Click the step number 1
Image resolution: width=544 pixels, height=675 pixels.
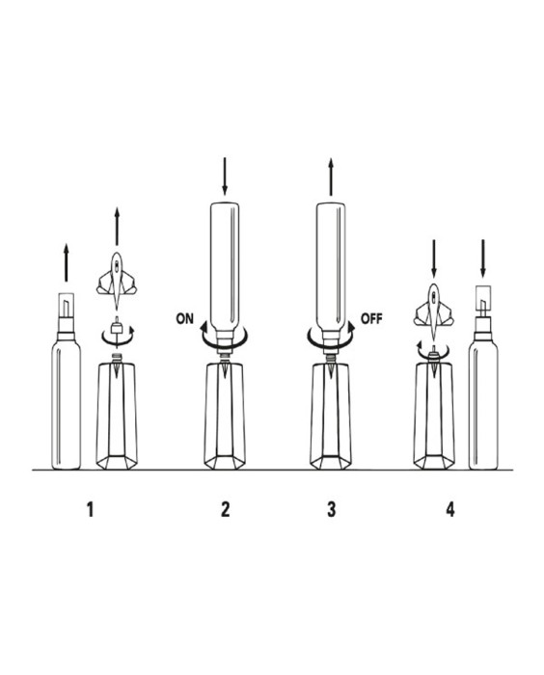(90, 509)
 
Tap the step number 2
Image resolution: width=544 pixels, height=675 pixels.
(226, 509)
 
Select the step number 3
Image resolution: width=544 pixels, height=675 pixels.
(331, 509)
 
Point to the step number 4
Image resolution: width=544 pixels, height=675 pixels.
(450, 509)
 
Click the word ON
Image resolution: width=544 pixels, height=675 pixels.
(185, 319)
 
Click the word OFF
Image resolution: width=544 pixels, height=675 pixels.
(371, 319)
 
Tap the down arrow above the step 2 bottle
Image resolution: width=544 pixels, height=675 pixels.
(225, 176)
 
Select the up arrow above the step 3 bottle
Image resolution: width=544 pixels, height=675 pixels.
(331, 176)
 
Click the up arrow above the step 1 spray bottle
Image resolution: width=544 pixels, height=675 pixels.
(66, 262)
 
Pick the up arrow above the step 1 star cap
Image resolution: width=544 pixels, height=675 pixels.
(117, 227)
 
